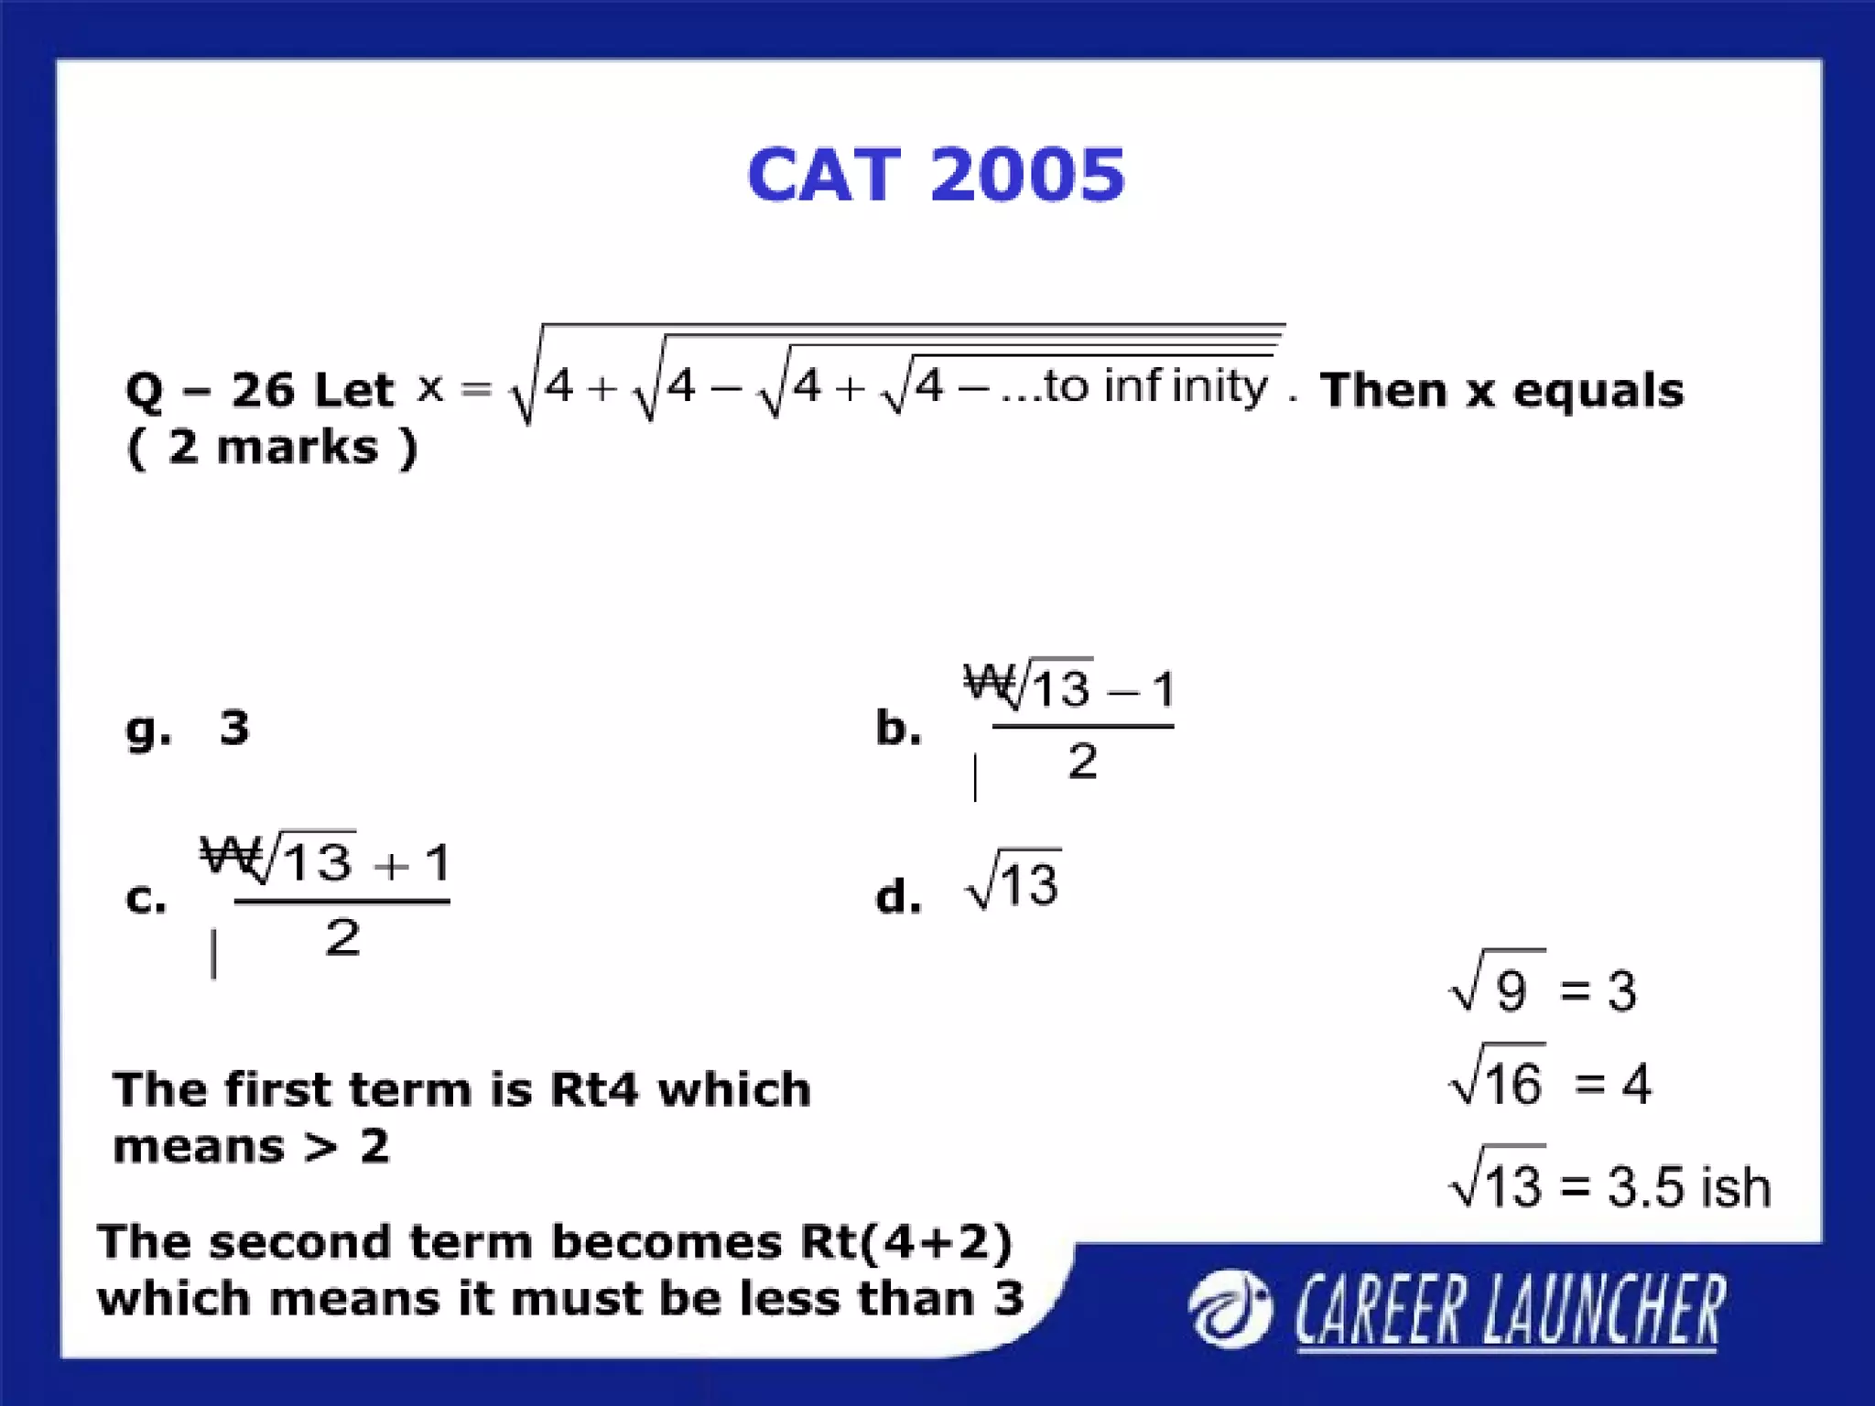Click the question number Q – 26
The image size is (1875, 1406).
[211, 391]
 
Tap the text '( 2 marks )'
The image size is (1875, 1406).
[272, 448]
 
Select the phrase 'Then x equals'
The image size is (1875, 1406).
[1501, 391]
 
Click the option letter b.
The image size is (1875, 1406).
[897, 728]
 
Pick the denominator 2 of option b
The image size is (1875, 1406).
[1082, 762]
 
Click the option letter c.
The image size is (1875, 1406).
[146, 898]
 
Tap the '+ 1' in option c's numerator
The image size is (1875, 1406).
[412, 863]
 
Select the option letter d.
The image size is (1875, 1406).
[897, 896]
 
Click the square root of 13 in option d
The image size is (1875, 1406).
[1014, 881]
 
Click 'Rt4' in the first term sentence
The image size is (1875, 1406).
[593, 1089]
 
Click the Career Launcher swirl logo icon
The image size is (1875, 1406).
[1230, 1309]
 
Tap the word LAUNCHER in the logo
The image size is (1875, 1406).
[1603, 1311]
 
